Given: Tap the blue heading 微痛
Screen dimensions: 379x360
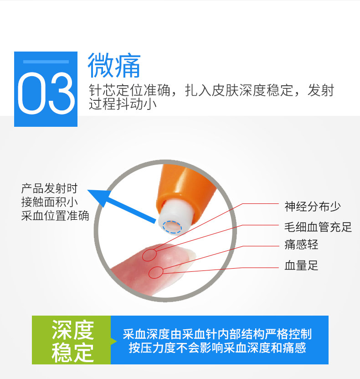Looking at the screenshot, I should [113, 65].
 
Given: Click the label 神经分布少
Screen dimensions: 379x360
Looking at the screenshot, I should [313, 206].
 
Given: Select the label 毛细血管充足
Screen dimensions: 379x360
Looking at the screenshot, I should [318, 227].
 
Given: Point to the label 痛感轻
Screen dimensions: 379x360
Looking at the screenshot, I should [301, 245].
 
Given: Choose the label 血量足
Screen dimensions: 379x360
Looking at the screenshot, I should [301, 265].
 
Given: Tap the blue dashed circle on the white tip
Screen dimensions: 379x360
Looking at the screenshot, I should [173, 226].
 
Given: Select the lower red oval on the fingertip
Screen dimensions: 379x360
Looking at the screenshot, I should [156, 272].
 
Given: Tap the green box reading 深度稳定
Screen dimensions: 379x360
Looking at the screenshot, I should [72, 340].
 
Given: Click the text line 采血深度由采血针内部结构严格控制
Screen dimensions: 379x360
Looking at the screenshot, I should [217, 334].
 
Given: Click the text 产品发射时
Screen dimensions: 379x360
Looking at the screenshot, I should [49, 188].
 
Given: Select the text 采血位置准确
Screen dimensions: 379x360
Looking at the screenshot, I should [55, 216].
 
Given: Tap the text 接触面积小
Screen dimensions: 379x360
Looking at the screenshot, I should [49, 202].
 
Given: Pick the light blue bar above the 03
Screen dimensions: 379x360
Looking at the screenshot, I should [46, 61].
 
